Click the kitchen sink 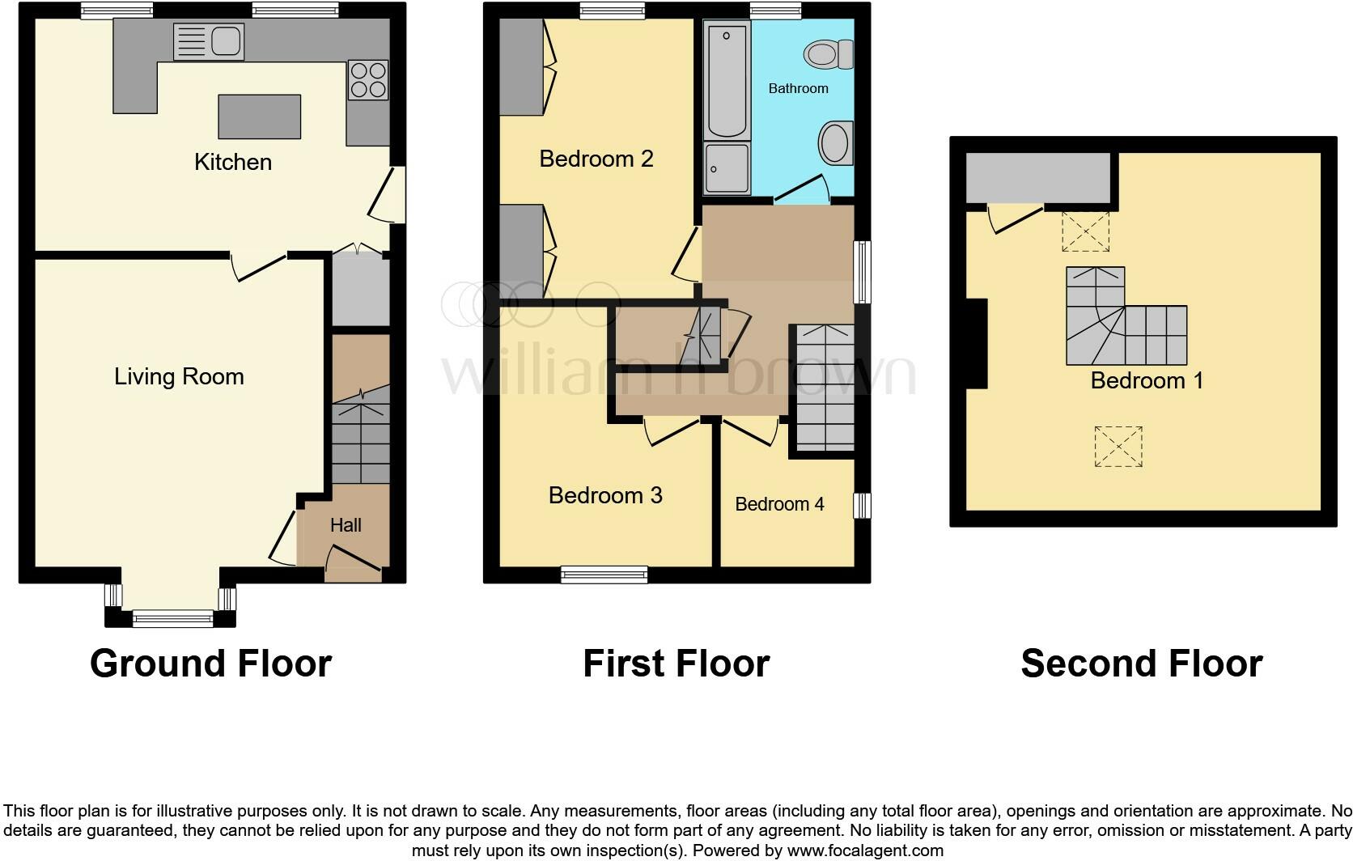click(209, 41)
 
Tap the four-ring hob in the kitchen click(367, 79)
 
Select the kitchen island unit click(260, 117)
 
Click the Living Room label click(179, 376)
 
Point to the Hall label click(346, 525)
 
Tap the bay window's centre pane click(172, 619)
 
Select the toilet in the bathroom click(829, 55)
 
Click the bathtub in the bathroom click(727, 79)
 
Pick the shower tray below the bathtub click(727, 168)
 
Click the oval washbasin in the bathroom click(834, 144)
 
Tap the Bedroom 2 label click(596, 159)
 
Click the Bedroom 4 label click(779, 504)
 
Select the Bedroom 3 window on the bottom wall click(604, 575)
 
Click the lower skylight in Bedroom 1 click(1118, 447)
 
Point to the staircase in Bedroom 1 click(1125, 324)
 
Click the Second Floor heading click(1141, 664)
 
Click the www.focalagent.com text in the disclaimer click(864, 850)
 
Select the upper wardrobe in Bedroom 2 click(520, 67)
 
